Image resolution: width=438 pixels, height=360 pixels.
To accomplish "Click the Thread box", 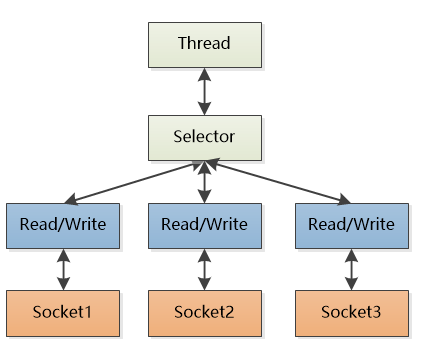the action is [x=205, y=45].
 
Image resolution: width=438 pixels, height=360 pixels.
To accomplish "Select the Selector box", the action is [x=205, y=138].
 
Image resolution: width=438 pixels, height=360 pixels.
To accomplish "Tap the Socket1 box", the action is [x=63, y=313].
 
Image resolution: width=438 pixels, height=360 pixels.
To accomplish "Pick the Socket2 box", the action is [x=205, y=313].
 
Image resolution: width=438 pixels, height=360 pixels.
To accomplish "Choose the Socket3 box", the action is [x=352, y=313].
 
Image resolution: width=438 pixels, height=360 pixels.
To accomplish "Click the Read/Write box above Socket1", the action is [x=63, y=226].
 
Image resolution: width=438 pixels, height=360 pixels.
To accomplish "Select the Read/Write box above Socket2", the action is [x=205, y=226].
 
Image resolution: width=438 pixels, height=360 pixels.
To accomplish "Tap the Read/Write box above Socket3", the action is [x=352, y=226].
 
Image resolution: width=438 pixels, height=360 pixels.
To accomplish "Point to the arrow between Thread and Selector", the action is [x=204, y=92].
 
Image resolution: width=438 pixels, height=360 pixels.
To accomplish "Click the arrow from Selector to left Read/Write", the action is [x=133, y=182].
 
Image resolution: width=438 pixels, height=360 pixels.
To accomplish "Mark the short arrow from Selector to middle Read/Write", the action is [x=204, y=182].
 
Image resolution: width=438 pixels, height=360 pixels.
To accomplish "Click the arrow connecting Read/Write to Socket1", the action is [x=63, y=270].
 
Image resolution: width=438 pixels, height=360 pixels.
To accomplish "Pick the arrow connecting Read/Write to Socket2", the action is [x=204, y=270].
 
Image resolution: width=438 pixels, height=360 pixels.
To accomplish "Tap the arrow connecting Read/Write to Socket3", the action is [x=351, y=270].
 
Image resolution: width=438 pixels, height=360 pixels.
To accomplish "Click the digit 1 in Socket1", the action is [x=87, y=312].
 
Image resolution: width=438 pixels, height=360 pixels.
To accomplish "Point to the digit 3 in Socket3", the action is [x=376, y=312].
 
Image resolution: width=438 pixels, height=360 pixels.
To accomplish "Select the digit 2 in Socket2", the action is [x=229, y=312].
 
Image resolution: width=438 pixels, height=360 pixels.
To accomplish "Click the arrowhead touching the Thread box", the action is [x=204, y=74].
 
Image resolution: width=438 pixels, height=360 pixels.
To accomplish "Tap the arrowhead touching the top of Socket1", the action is [x=63, y=284].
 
